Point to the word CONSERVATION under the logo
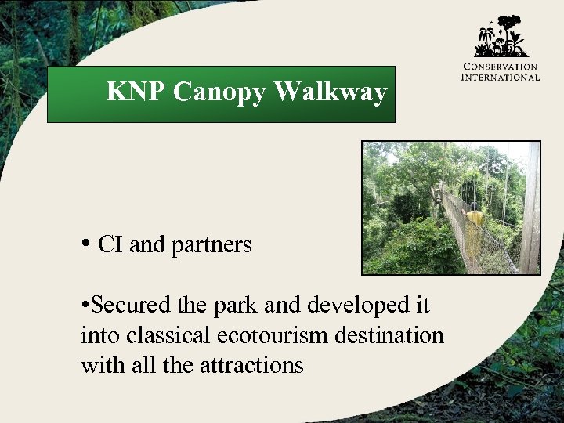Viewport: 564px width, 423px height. pos(501,67)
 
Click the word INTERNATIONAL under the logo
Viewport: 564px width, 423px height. pos(501,77)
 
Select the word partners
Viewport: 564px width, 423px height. pos(211,246)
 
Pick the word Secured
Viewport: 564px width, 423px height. pos(124,305)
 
